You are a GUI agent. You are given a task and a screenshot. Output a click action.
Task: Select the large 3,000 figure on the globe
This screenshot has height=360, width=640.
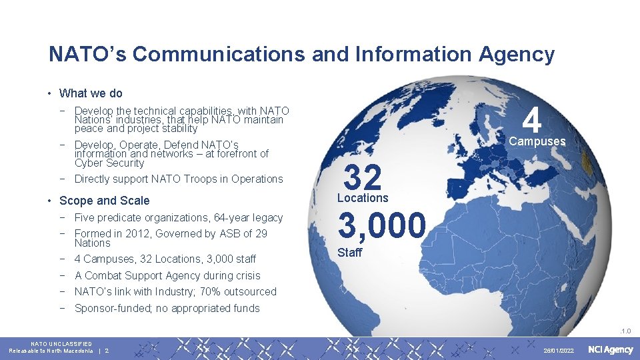click(x=381, y=226)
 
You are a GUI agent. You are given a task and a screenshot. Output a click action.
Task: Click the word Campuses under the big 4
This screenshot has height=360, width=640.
click(x=537, y=142)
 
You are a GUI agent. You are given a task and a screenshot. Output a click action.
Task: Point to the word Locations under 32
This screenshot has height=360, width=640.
click(x=363, y=198)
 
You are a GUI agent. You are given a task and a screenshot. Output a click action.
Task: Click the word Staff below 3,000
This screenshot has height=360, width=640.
click(x=350, y=253)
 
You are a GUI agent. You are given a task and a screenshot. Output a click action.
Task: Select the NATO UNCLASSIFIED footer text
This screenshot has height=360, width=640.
click(x=61, y=343)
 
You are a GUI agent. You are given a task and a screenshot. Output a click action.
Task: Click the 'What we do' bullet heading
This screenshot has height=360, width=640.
click(x=91, y=93)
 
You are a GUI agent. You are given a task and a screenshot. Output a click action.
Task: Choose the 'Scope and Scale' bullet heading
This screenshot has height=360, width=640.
click(x=104, y=201)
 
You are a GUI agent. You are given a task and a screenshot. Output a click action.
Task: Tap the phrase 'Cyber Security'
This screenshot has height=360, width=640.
click(x=109, y=163)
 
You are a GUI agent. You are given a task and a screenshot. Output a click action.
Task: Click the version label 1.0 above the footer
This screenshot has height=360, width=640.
click(x=626, y=330)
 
